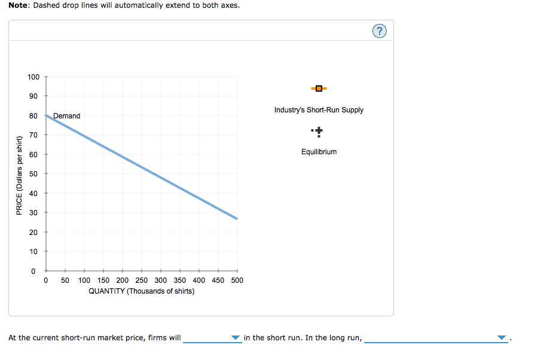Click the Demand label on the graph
point(66,116)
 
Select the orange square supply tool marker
point(319,89)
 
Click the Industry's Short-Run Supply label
point(319,110)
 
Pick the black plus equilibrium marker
point(319,130)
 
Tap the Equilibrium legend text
point(319,152)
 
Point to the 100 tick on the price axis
point(33,77)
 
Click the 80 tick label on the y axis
point(33,116)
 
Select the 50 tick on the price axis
point(33,174)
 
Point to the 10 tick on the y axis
point(33,252)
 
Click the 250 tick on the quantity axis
point(142,280)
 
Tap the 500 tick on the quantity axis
point(237,280)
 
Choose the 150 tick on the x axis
point(103,280)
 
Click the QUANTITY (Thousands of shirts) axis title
point(141,291)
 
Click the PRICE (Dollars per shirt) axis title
point(19,176)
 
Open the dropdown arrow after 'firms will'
point(236,338)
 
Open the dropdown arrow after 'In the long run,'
point(501,338)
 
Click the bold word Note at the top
point(20,5)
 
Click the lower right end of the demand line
point(236,218)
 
